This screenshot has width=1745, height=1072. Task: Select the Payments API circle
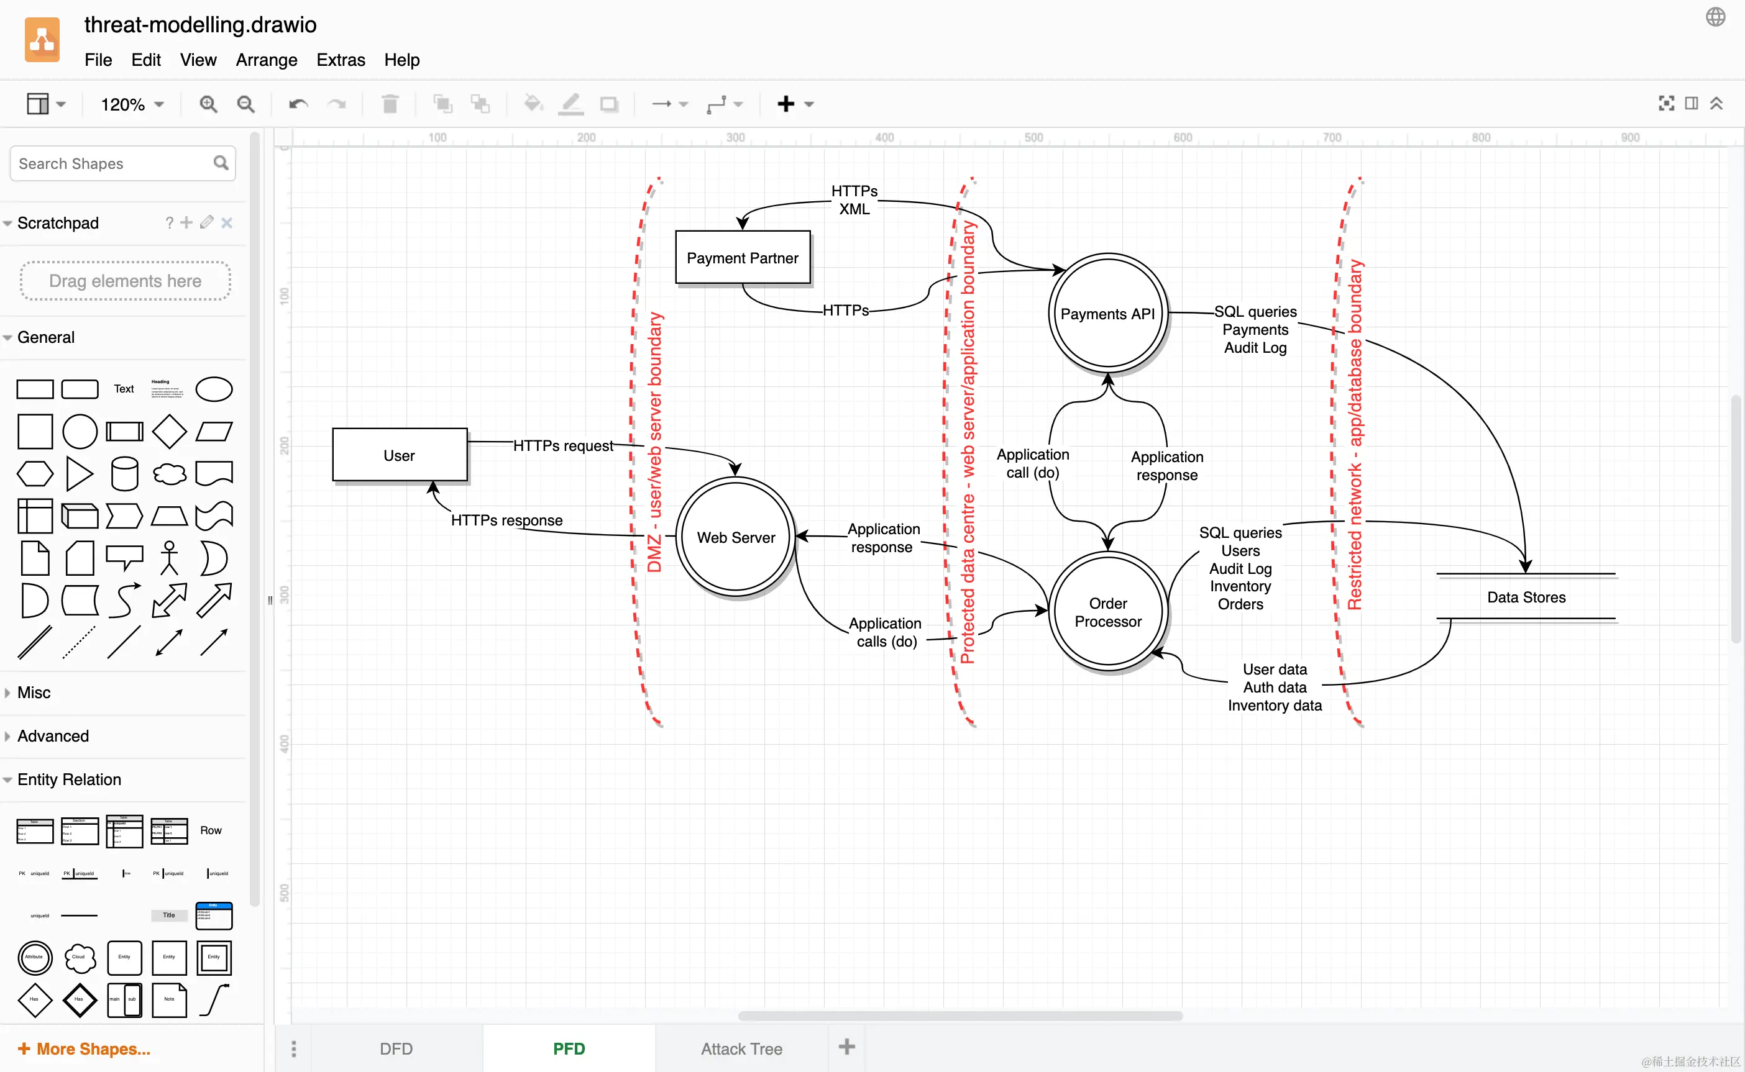(1107, 314)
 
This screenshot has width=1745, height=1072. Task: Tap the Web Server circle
(736, 537)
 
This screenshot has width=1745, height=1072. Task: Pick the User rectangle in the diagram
(400, 455)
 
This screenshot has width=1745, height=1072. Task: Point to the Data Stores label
(1526, 597)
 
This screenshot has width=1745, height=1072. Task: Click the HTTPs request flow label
(563, 445)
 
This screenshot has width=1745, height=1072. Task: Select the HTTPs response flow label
(506, 520)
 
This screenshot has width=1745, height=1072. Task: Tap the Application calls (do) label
(886, 632)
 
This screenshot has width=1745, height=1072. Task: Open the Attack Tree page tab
(741, 1048)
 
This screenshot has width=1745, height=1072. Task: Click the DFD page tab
(396, 1048)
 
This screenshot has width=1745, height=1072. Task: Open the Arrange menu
(266, 60)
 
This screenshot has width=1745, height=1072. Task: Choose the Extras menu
(341, 60)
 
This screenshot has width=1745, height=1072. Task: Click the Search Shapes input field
(114, 164)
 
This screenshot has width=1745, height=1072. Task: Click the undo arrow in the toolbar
(298, 104)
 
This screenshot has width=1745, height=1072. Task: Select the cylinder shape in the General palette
(124, 474)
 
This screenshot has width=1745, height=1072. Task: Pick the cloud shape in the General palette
(170, 474)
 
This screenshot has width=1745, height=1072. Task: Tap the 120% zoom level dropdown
(132, 104)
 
